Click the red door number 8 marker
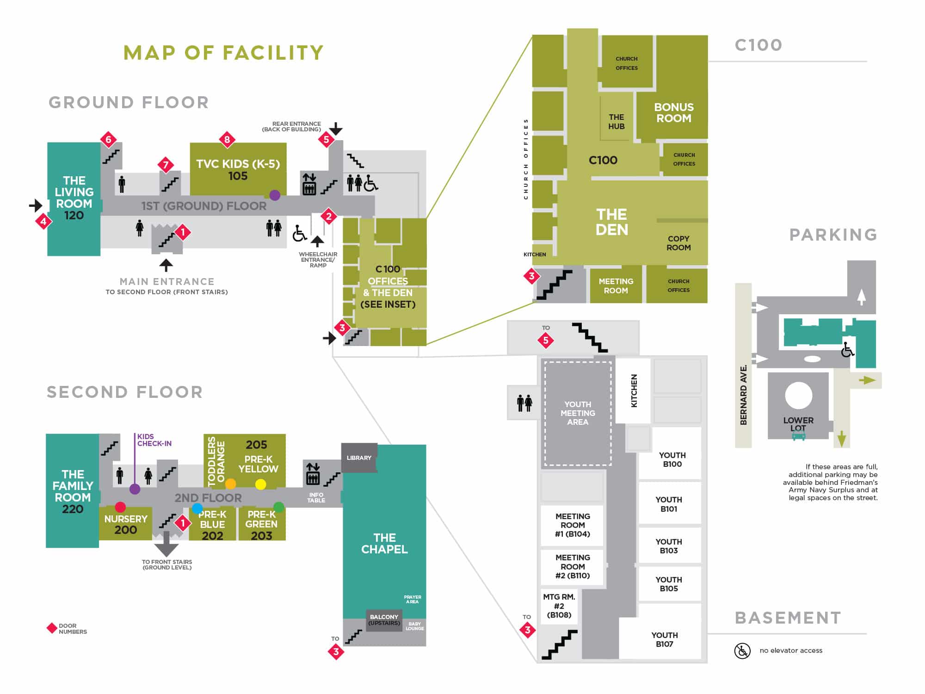[x=227, y=139]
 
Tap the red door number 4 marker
[x=43, y=222]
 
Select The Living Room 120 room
[x=74, y=198]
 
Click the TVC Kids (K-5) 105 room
[x=238, y=169]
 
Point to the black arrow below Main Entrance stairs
[x=166, y=265]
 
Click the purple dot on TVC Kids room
[x=275, y=195]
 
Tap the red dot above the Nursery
[x=120, y=507]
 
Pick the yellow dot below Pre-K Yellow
[x=261, y=484]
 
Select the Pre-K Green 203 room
[x=261, y=525]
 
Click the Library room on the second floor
[x=359, y=458]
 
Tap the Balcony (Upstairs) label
[x=384, y=620]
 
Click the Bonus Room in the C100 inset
[x=673, y=112]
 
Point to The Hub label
[x=616, y=122]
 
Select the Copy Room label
[x=678, y=243]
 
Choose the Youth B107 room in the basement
[x=664, y=639]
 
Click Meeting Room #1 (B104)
[x=573, y=525]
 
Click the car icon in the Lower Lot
[x=799, y=435]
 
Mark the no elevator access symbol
[x=742, y=651]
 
